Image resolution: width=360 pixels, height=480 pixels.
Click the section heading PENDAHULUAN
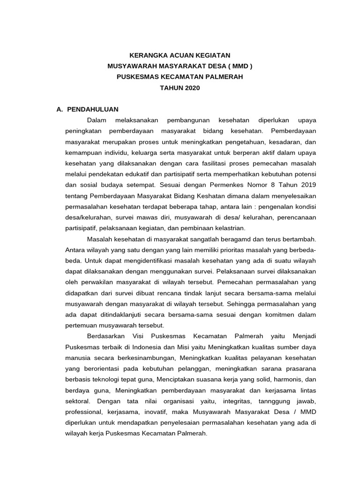click(93, 109)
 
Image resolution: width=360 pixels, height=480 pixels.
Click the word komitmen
click(279, 315)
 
